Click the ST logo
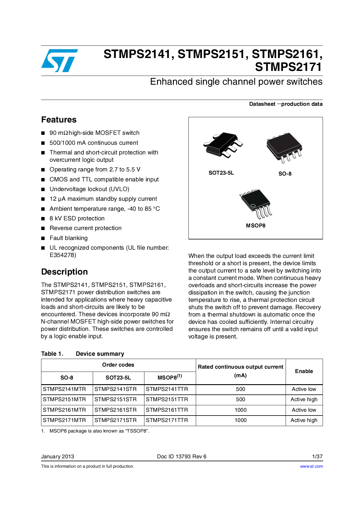60,61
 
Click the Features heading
59,120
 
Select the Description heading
64,272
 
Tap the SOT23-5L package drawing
223,145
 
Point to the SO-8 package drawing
284,147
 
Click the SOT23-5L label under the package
221,173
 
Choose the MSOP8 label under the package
255,226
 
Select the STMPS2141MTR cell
64,389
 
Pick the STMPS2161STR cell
115,410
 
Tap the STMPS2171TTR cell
167,420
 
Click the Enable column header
304,371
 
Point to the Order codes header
118,365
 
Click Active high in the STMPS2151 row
304,399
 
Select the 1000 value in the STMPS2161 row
240,410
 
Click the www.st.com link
311,466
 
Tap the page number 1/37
317,457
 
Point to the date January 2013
58,457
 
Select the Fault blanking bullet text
68,238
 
